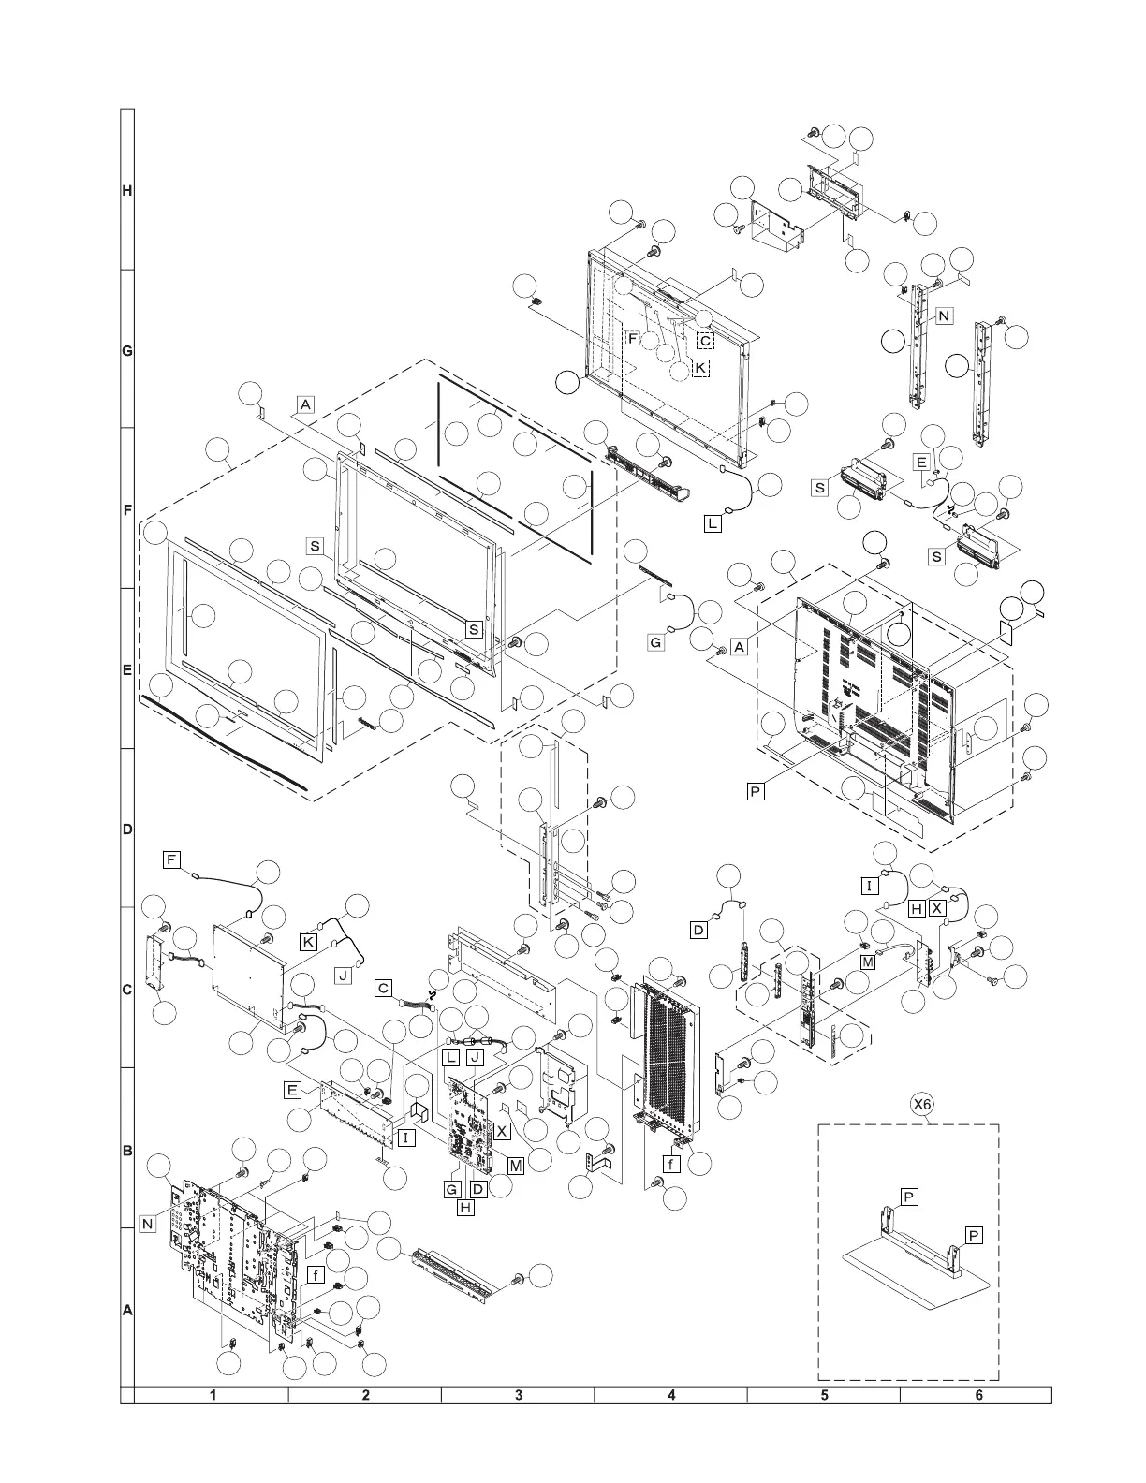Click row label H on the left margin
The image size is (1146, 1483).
[x=127, y=191]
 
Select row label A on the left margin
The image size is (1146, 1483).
[x=127, y=1312]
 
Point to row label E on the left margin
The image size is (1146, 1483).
[x=127, y=670]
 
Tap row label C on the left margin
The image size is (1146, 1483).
[x=127, y=990]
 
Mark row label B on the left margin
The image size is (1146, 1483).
[x=127, y=1151]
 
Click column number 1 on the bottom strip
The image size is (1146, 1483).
[x=213, y=1395]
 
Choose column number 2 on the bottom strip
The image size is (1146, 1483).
[x=366, y=1395]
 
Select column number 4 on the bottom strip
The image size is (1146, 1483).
[x=671, y=1395]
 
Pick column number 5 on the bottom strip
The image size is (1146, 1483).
[x=825, y=1395]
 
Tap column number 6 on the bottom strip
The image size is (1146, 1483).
[x=978, y=1395]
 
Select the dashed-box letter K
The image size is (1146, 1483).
[x=700, y=368]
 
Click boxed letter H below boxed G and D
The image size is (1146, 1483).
[x=465, y=1208]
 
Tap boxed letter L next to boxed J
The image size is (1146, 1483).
[x=451, y=1057]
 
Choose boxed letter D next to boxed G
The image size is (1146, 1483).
[x=478, y=1189]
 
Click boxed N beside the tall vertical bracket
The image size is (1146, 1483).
[x=944, y=316]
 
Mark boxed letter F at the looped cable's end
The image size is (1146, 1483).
[x=171, y=859]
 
